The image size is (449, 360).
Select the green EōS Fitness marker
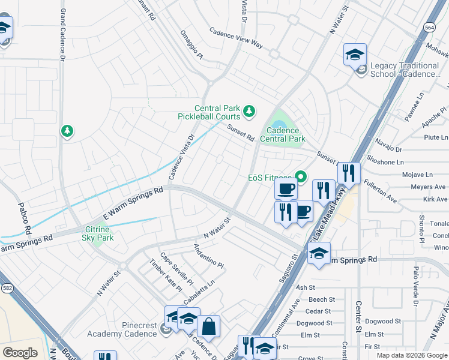(x=300, y=177)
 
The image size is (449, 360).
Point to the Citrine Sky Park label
(x=98, y=233)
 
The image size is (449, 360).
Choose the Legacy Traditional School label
(x=405, y=70)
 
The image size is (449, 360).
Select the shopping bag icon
(x=208, y=326)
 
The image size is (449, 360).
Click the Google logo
(x=20, y=353)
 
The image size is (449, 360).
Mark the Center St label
(x=358, y=317)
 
